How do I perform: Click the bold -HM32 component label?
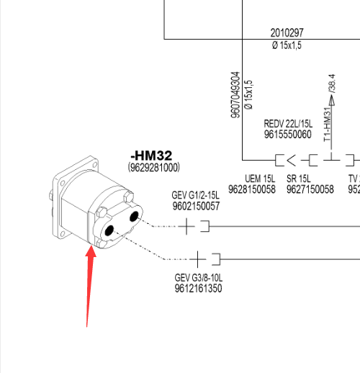(151, 156)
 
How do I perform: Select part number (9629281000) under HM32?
(154, 167)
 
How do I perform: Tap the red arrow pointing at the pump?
(90, 286)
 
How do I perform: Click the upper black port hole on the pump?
(134, 217)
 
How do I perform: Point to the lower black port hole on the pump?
(109, 230)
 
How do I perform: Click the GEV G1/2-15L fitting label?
(195, 195)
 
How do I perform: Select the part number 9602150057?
(196, 206)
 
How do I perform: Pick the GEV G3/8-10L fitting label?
(199, 278)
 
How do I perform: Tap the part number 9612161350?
(198, 288)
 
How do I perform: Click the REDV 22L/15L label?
(288, 124)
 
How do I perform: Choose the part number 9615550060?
(288, 134)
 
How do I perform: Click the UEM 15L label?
(260, 179)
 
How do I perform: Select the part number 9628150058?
(252, 189)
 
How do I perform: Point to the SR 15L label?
(299, 179)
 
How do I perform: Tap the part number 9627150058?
(310, 189)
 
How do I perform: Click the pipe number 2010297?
(287, 32)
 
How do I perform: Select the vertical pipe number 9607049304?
(235, 95)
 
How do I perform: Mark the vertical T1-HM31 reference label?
(328, 125)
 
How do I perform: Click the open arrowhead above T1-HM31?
(332, 100)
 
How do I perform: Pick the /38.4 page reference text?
(332, 84)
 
